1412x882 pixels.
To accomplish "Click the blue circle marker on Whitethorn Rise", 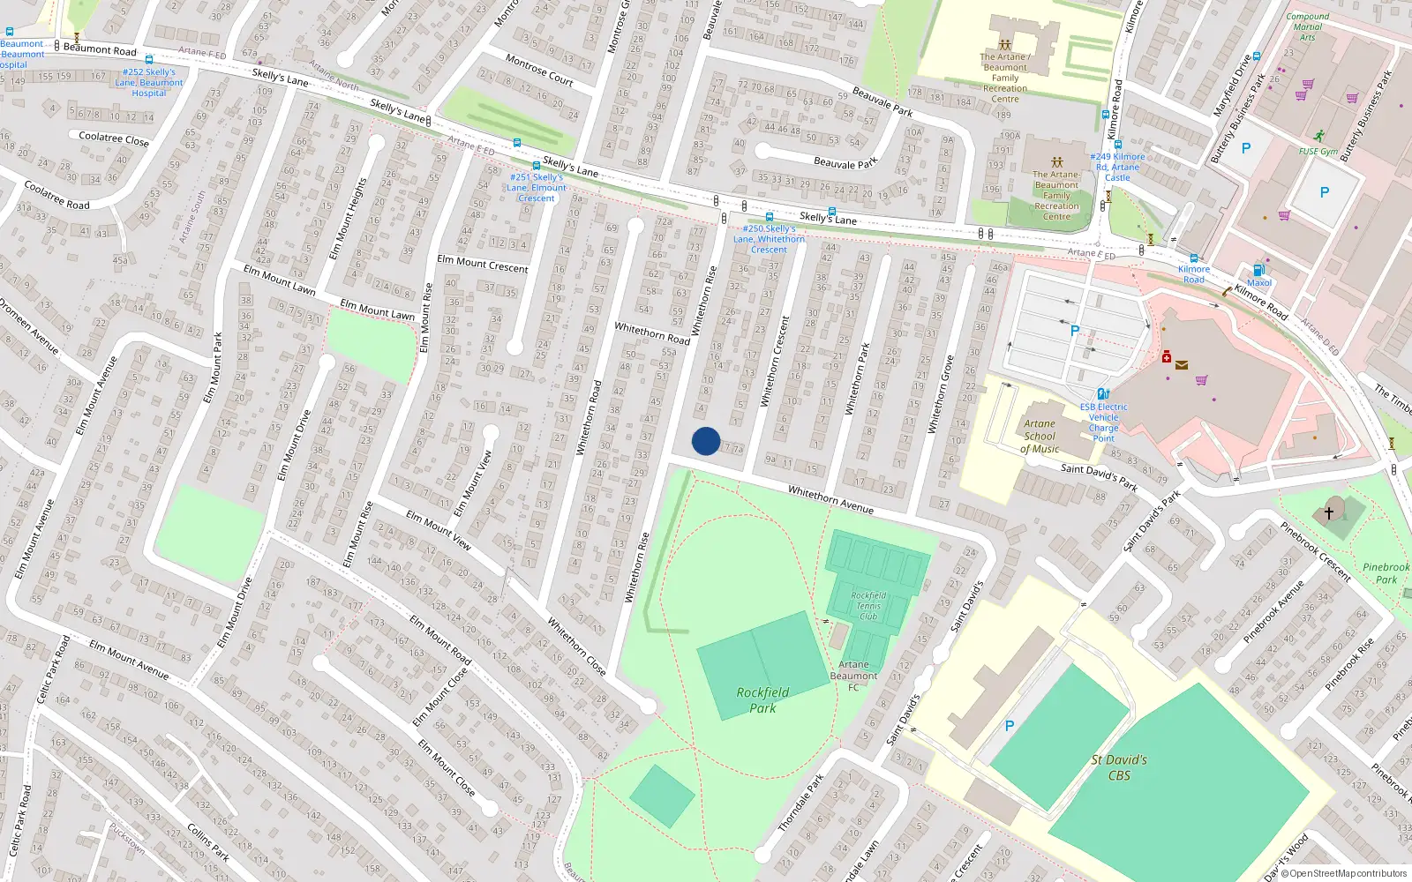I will coord(705,441).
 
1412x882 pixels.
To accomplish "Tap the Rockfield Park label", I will coord(762,700).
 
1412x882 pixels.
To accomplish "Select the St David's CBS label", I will coord(1119,767).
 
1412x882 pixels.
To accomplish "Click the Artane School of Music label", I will coord(1040,437).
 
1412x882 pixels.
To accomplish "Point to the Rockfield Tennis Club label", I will coord(868,606).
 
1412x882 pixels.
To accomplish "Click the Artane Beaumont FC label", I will coord(853,676).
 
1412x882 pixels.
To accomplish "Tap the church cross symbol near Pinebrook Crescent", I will coord(1328,512).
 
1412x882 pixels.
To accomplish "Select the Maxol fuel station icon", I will coord(1258,270).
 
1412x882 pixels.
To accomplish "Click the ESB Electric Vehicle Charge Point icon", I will coord(1102,394).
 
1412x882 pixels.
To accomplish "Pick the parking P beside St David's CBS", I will coord(1010,726).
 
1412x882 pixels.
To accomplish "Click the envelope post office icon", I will coord(1182,364).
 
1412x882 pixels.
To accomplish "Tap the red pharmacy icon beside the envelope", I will coord(1166,357).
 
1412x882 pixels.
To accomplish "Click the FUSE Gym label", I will coord(1318,152).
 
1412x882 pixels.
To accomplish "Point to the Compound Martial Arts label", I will coord(1307,26).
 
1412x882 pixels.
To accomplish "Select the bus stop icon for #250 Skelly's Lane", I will coord(770,217).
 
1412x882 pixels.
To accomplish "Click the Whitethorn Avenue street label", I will coord(830,499).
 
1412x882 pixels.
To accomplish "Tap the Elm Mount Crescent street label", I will coord(482,263).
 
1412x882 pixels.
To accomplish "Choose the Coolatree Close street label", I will coord(114,138).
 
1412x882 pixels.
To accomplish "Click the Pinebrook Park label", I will coord(1386,573).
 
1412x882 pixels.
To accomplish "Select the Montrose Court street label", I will coord(539,69).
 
